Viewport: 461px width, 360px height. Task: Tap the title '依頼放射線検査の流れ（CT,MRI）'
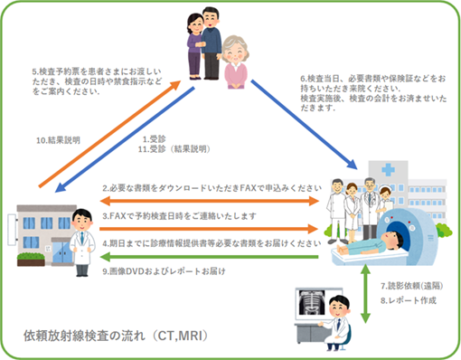[118, 336]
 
